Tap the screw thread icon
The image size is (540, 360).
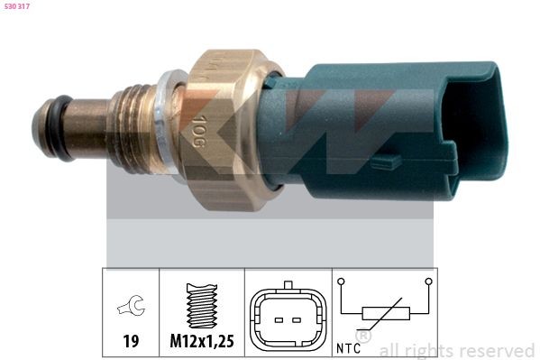[x=203, y=307]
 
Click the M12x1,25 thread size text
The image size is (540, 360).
[x=204, y=343]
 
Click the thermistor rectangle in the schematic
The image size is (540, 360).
[x=386, y=314]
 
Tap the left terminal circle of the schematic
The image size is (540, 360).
[x=343, y=282]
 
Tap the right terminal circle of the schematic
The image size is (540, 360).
[x=428, y=282]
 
